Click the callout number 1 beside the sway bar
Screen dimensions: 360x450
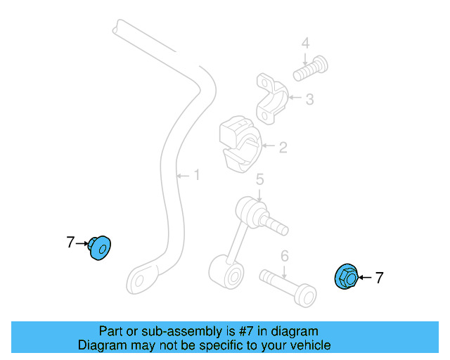197,174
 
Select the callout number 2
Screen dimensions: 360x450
283,148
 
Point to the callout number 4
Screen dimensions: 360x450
305,44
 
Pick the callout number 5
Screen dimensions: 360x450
259,181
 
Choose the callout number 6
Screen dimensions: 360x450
285,255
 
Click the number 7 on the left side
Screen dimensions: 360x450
70,243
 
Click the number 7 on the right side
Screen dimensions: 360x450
380,278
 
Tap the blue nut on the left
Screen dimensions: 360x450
99,247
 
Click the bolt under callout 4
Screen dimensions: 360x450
312,67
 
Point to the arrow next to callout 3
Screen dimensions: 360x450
294,98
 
